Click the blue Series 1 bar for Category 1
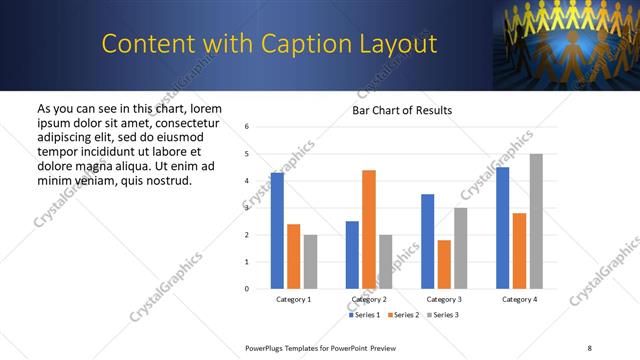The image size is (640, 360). tap(277, 231)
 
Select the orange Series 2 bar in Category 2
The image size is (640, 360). tap(369, 229)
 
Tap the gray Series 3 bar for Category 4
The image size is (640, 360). tap(536, 221)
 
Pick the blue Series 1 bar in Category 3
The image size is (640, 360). tap(428, 241)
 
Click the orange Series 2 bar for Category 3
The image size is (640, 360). tap(444, 264)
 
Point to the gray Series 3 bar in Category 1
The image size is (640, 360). tap(310, 261)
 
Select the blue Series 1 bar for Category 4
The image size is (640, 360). tap(502, 228)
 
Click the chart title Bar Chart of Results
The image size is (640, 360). tap(402, 110)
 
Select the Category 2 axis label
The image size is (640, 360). tap(369, 299)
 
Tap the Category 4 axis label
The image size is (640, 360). tap(519, 299)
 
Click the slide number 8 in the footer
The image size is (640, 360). tap(589, 347)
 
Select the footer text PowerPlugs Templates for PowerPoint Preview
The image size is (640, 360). tap(320, 347)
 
